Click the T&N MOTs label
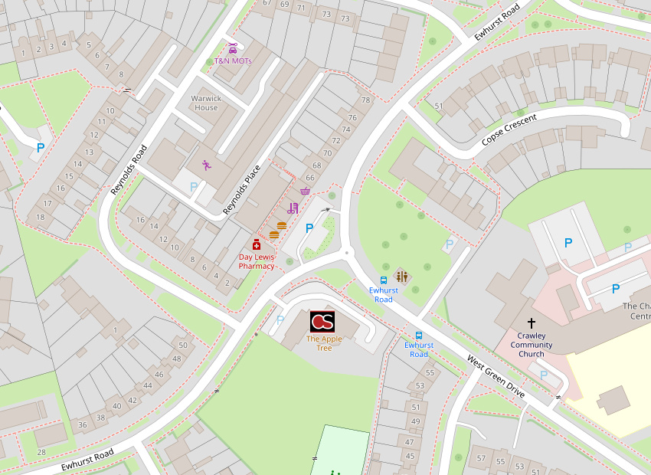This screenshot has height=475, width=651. point(233,61)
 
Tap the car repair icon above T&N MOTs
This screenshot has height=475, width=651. point(233,49)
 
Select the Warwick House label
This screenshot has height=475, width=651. point(207,103)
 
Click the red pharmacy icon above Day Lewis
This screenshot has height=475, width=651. point(257,245)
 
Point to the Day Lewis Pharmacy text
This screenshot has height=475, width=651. point(257,262)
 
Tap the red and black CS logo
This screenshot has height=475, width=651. point(322,322)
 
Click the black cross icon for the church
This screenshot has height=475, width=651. point(532,324)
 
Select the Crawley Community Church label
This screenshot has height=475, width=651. point(532,345)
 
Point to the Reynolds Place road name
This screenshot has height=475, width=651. point(242,189)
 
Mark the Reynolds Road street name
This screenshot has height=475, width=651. point(128,169)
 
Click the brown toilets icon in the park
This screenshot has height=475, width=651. point(401,277)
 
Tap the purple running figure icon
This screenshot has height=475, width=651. point(206,165)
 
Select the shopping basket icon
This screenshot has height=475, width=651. point(306,191)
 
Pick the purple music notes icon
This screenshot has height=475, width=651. point(293,208)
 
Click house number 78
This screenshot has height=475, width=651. point(365,100)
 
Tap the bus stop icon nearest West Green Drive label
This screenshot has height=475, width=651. point(419,336)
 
